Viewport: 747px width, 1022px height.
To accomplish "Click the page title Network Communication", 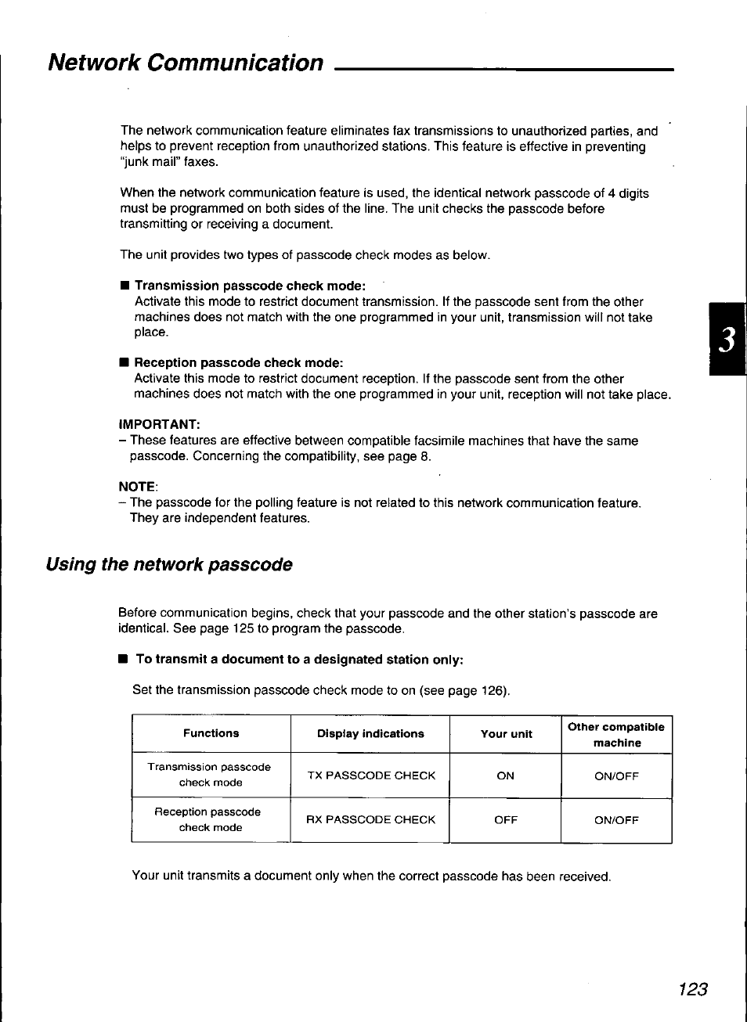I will (x=186, y=63).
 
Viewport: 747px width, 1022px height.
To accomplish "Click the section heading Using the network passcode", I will (x=169, y=564).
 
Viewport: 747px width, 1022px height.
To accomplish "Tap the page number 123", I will (x=692, y=989).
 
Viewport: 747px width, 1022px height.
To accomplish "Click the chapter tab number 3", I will (x=727, y=340).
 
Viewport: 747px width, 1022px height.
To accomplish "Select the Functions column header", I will (x=211, y=733).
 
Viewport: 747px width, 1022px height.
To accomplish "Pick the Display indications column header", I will (x=370, y=734).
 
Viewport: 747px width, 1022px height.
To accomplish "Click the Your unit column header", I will (x=506, y=734).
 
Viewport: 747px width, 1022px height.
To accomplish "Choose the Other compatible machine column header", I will (x=616, y=735).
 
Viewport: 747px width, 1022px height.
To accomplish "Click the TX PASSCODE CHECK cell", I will (x=371, y=775).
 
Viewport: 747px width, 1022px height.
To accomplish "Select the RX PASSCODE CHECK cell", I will (x=370, y=819).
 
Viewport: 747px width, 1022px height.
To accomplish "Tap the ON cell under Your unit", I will (x=506, y=775).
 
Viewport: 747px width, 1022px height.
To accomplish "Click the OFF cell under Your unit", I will (x=506, y=820).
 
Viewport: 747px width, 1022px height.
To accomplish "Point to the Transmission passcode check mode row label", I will (x=209, y=775).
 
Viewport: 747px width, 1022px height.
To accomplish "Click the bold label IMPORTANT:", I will (x=160, y=424).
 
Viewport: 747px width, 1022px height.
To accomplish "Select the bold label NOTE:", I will (x=138, y=487).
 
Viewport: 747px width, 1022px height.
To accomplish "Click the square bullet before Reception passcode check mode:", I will (x=123, y=362).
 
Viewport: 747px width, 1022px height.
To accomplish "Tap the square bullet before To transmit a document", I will (x=123, y=660).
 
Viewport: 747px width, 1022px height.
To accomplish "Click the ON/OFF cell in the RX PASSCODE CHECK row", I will (x=616, y=820).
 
